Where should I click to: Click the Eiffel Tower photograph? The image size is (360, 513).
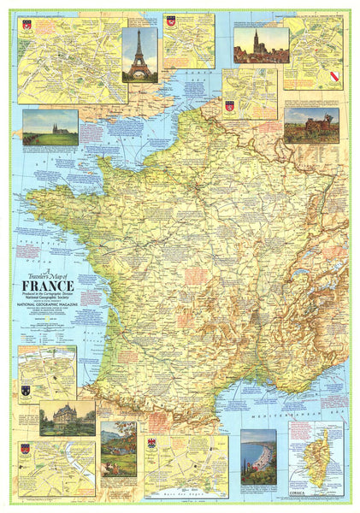139,55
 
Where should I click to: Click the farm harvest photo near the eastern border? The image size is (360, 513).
311,125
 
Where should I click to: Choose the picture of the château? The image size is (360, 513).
67,417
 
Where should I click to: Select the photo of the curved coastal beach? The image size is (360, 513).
257,457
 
